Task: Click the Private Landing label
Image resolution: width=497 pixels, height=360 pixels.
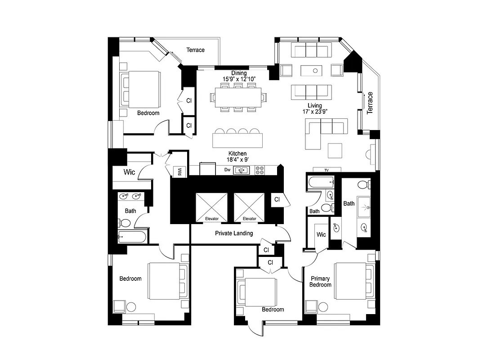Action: pyautogui.click(x=233, y=233)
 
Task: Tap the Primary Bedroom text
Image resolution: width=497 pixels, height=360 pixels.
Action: pyautogui.click(x=320, y=282)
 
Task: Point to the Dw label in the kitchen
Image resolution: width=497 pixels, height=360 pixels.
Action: pyautogui.click(x=228, y=170)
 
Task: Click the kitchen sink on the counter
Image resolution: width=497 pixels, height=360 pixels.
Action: pyautogui.click(x=242, y=170)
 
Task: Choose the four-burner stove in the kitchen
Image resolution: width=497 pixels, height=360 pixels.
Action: pyautogui.click(x=260, y=170)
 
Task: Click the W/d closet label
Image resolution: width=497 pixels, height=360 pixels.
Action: pyautogui.click(x=179, y=171)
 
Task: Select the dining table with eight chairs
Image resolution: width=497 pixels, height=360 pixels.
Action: pyautogui.click(x=238, y=98)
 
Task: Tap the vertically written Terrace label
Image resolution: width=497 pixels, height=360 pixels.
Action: pyautogui.click(x=370, y=103)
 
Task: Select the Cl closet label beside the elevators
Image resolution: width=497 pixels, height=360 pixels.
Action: pyautogui.click(x=277, y=199)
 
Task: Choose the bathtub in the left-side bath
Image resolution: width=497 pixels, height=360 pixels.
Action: pyautogui.click(x=133, y=237)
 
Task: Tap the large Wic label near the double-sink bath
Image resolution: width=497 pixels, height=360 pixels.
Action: pyautogui.click(x=130, y=172)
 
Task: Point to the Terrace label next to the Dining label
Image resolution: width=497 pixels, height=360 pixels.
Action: pyautogui.click(x=195, y=50)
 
